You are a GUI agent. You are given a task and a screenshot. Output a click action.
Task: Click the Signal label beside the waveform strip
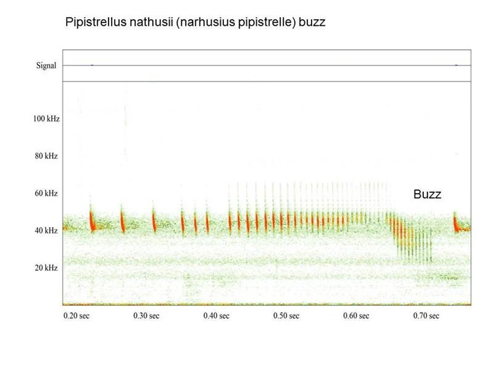(46, 65)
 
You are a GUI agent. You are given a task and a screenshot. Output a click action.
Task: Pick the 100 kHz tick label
(46, 119)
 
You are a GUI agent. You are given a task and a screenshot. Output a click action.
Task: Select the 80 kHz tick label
(46, 156)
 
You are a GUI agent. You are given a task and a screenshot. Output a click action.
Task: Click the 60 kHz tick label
(46, 193)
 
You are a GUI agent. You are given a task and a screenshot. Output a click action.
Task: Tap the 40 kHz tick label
(46, 230)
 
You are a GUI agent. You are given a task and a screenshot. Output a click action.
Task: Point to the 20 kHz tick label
(46, 267)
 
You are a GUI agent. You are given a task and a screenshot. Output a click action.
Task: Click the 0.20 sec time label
(77, 316)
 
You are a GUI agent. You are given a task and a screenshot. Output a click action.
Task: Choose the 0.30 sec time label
(146, 316)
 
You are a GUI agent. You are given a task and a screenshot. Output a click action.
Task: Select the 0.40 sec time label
(217, 316)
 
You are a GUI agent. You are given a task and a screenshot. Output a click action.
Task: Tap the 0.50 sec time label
(286, 316)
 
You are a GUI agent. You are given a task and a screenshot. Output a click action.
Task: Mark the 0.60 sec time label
(356, 316)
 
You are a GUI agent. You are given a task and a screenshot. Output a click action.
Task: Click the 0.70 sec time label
(426, 316)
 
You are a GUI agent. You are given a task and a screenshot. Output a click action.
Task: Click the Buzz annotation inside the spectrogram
(427, 194)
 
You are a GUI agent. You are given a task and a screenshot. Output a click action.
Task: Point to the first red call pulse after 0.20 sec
(92, 220)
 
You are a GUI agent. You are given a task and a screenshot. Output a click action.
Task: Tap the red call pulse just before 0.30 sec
(122, 221)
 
